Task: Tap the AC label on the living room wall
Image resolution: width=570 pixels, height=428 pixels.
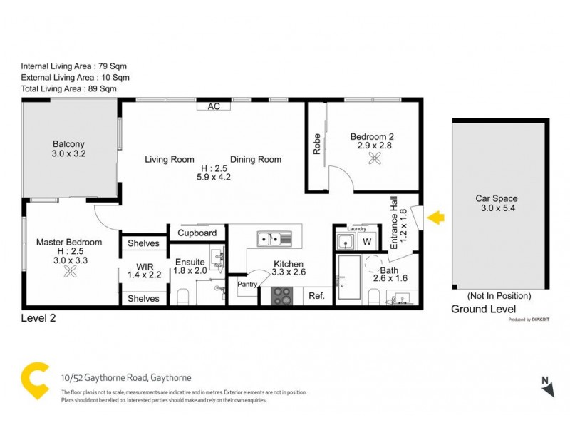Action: pyautogui.click(x=213, y=106)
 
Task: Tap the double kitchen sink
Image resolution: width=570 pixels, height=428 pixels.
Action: pyautogui.click(x=271, y=238)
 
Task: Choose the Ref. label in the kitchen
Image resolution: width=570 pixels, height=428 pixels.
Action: pyautogui.click(x=315, y=295)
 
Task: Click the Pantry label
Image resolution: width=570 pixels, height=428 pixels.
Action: pyautogui.click(x=248, y=284)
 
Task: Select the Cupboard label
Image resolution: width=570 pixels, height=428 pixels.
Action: pyautogui.click(x=197, y=233)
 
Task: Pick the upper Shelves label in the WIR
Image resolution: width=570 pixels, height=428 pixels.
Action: pyautogui.click(x=143, y=243)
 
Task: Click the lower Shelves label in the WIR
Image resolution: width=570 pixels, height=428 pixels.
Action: pyautogui.click(x=143, y=298)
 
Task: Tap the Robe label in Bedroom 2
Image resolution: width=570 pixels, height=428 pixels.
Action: pyautogui.click(x=316, y=146)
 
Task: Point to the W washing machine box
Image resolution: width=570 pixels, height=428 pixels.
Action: pyautogui.click(x=367, y=241)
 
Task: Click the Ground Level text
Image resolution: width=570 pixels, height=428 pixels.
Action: pyautogui.click(x=483, y=309)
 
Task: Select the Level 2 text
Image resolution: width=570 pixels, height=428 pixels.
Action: pyautogui.click(x=38, y=319)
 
